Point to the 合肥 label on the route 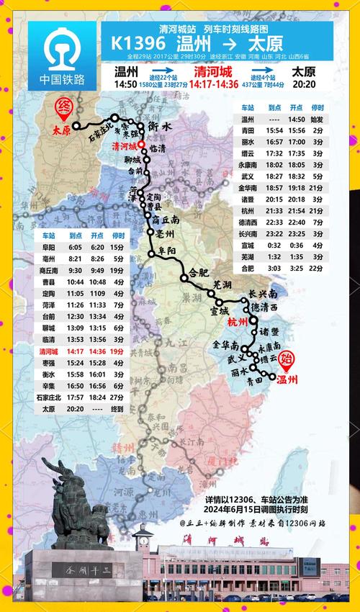198,273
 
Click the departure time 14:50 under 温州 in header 128,84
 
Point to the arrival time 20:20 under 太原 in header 303,84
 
